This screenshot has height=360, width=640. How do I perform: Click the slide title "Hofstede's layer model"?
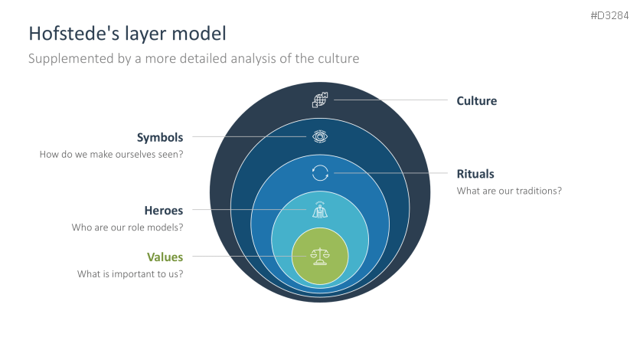pyautogui.click(x=127, y=34)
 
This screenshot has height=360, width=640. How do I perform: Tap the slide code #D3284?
pyautogui.click(x=610, y=15)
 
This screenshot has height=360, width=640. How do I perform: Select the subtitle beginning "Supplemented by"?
pyautogui.click(x=194, y=58)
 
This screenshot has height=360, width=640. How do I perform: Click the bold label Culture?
pyautogui.click(x=476, y=100)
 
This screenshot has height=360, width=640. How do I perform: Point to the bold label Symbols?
pyautogui.click(x=160, y=138)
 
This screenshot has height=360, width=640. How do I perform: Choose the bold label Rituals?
pyautogui.click(x=475, y=173)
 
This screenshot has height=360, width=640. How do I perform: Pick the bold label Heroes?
pyautogui.click(x=164, y=210)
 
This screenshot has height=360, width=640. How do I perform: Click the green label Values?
pyautogui.click(x=165, y=257)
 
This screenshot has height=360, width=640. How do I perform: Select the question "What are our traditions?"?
pyautogui.click(x=509, y=191)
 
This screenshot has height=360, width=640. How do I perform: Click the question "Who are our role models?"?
pyautogui.click(x=127, y=227)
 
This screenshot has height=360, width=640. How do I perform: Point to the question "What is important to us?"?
pyautogui.click(x=130, y=273)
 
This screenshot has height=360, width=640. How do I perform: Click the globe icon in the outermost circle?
pyautogui.click(x=320, y=100)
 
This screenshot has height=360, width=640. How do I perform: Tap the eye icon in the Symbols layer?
pyautogui.click(x=320, y=137)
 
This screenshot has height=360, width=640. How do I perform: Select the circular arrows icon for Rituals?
pyautogui.click(x=320, y=173)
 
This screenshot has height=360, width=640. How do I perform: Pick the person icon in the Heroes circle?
pyautogui.click(x=320, y=210)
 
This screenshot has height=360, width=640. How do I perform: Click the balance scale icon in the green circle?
pyautogui.click(x=320, y=257)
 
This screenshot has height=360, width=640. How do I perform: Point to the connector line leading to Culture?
pyautogui.click(x=390, y=100)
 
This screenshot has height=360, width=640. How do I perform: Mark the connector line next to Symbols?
pyautogui.click(x=249, y=137)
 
